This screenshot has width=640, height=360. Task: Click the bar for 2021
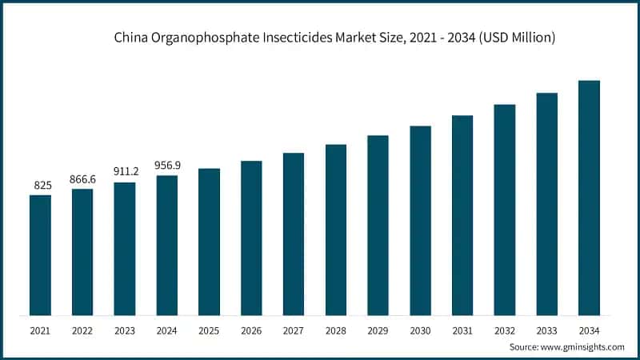[41, 254]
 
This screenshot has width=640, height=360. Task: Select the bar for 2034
[590, 198]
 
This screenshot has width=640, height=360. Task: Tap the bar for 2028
[336, 230]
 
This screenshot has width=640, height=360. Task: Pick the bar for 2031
[462, 215]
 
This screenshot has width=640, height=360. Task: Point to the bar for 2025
[210, 242]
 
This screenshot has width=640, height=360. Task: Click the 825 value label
[42, 186]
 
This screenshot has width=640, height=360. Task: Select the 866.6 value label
[82, 179]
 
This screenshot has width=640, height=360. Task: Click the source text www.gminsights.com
[583, 346]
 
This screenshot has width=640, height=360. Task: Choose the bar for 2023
[125, 249]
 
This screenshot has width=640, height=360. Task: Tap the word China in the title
[130, 38]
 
